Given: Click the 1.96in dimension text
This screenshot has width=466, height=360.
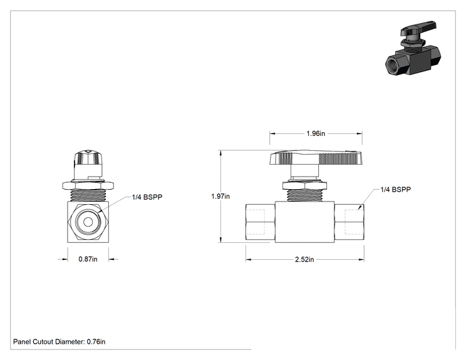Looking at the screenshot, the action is pos(316,133).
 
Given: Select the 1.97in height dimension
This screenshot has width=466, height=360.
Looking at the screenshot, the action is pos(220,197).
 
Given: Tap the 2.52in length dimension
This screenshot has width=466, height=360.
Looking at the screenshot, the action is pos(304,260).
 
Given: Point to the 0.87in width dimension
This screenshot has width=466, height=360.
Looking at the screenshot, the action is pos(88,259).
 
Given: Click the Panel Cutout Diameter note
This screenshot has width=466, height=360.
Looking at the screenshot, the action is pos(59,342).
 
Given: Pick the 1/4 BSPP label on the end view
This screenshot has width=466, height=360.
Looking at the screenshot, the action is pos(147,197).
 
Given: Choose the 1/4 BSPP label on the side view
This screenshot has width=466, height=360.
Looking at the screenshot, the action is pos(396,190).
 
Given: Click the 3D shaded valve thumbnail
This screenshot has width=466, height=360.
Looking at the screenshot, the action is pos(413,48).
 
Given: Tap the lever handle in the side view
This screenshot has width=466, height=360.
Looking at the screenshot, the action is pos(316,157).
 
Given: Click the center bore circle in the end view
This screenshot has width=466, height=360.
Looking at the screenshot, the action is pos(88,222).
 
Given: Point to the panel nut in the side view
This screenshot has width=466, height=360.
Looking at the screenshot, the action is pos(304,186).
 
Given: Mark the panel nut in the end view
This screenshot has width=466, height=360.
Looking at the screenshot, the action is pos(88,186).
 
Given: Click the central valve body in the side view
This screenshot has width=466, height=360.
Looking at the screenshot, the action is pos(304,222).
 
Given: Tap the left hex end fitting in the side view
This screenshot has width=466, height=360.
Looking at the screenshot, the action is pos(261,222).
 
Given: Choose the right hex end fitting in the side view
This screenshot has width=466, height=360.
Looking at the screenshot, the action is pos(349,222).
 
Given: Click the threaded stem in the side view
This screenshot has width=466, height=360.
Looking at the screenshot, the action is pos(304,196).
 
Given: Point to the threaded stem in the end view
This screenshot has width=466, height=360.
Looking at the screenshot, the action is pos(88,196).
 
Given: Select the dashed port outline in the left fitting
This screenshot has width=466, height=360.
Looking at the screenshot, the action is pos(256,222).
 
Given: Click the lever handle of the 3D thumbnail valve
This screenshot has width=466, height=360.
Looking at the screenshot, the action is pos(419,28).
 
